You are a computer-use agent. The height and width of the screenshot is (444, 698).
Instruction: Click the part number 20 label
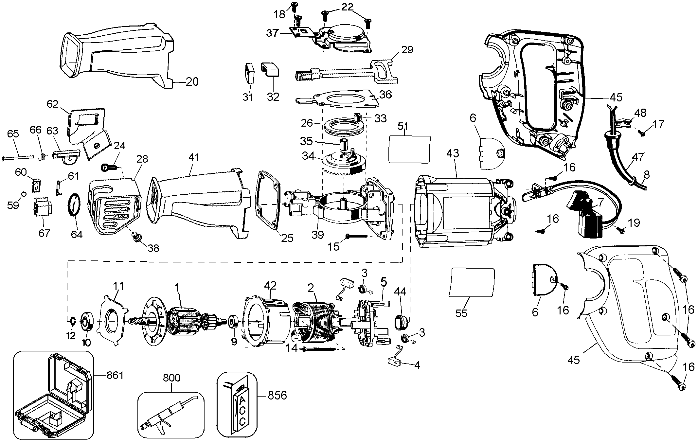coord(192,81)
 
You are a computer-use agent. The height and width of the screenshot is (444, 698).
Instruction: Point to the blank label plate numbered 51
coord(409,149)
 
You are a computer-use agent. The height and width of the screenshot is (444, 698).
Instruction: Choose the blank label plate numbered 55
coord(472,282)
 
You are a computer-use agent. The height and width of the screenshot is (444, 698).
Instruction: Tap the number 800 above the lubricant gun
coord(172,378)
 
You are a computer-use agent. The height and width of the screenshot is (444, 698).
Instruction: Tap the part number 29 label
coord(407,50)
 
